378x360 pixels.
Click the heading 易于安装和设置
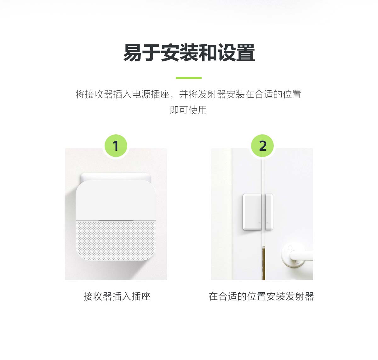pos(189,53)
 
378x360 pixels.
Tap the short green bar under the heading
pos(189,78)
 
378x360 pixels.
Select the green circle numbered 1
pos(116,146)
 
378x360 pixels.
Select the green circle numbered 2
pos(262,146)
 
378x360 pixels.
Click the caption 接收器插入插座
pos(117,296)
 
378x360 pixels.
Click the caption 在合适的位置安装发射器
pos(261,296)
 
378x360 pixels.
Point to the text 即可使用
pos(188,110)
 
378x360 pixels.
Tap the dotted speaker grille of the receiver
pos(116,240)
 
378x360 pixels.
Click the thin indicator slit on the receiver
pos(116,221)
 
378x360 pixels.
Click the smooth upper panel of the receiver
pos(116,200)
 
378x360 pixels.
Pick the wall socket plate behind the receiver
pos(115,177)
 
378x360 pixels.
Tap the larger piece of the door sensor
pos(252,212)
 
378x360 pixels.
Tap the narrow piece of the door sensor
pos(269,212)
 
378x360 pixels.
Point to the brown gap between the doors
pos(264,263)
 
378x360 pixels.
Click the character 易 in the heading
pos(132,53)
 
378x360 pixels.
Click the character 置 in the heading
pos(246,53)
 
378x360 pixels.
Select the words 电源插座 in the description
pos(151,94)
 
